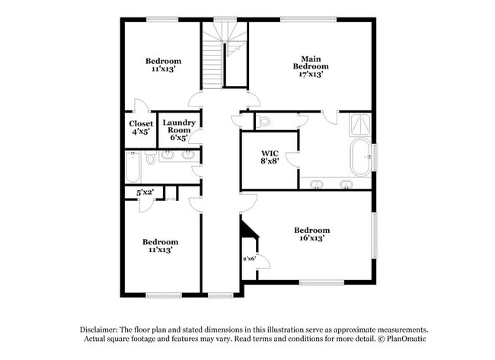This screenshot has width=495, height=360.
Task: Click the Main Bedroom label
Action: (311, 62)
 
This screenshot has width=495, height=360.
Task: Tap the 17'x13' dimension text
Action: (311, 75)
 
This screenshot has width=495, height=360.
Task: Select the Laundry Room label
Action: (179, 126)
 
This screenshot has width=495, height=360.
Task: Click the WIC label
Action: (270, 154)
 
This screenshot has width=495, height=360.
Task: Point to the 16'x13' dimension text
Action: (312, 238)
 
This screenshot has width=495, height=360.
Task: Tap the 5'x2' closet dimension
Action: (145, 192)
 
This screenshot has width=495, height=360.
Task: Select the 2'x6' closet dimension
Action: (249, 259)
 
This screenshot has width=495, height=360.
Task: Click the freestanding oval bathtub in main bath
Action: (361, 157)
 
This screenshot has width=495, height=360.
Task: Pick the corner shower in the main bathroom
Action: (360, 125)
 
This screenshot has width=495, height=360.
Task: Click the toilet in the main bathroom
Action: (263, 121)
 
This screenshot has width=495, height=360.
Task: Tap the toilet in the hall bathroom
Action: (151, 158)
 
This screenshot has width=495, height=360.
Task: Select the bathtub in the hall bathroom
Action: (133, 167)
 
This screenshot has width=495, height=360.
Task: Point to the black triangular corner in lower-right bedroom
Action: (248, 229)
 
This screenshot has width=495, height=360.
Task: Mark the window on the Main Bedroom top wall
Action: (308, 19)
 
